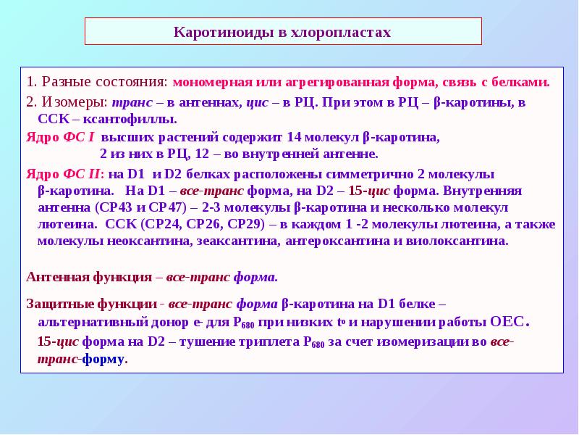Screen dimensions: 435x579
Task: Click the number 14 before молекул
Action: coord(294,136)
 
